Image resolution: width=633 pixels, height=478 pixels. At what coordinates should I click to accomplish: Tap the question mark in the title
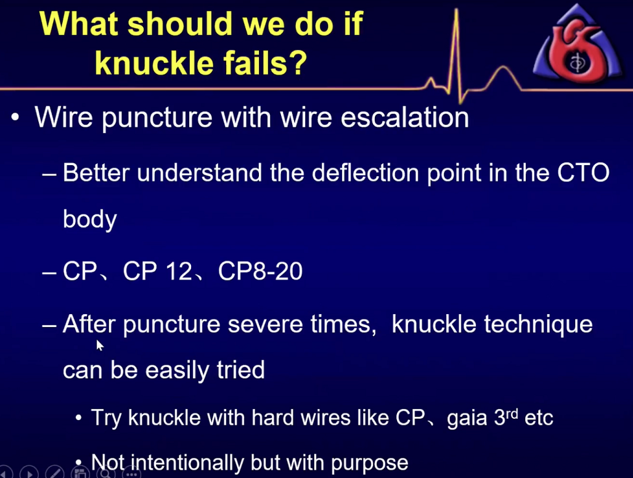[298, 63]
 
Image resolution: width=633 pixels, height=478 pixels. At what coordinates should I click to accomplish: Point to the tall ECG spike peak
[457, 10]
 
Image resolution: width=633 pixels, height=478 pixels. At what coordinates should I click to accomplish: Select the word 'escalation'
[404, 118]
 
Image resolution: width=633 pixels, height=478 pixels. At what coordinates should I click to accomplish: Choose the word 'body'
[89, 219]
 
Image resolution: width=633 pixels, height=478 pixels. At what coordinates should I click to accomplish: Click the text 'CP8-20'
[260, 270]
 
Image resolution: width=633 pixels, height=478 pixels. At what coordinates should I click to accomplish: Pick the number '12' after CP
[179, 270]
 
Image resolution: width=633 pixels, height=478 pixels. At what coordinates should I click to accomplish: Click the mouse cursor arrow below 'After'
[100, 346]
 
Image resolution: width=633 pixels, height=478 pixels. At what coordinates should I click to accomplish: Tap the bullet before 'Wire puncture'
[15, 118]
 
